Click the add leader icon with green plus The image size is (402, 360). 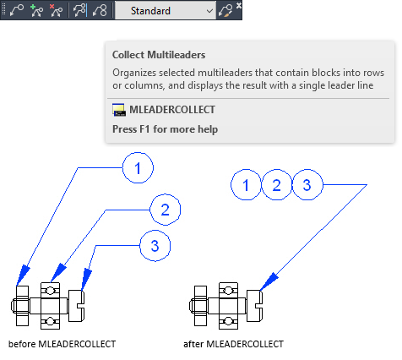pos(36,11)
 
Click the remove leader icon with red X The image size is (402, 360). pos(56,11)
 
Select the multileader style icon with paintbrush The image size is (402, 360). pos(225,11)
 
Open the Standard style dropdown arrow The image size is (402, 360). pos(209,11)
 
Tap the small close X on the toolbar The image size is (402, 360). pos(239,5)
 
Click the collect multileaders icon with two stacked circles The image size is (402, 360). pos(100,11)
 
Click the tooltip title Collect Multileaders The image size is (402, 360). pos(159,55)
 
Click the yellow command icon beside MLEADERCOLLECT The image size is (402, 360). pos(119,110)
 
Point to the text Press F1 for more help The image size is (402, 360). pos(166,129)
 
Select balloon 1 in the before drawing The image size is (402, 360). pos(138,168)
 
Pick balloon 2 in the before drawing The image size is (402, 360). pos(166,210)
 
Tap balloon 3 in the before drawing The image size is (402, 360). pos(155,246)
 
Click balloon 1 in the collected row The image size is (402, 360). pos(246,185)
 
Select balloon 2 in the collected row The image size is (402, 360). pos(276,185)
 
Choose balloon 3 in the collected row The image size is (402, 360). pos(307,185)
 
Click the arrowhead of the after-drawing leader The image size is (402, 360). pos(269,281)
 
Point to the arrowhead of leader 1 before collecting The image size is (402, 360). pos(23,275)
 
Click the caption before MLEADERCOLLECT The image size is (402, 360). pos(62,344)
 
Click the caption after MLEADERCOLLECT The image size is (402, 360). pos(233,344)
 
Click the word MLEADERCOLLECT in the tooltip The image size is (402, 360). pos(172,110)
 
